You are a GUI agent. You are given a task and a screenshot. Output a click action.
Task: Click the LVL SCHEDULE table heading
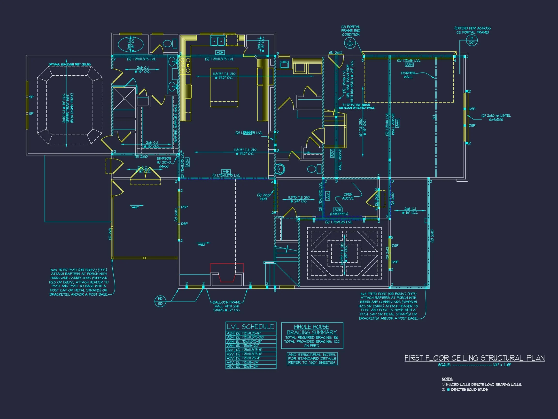(x=250, y=327)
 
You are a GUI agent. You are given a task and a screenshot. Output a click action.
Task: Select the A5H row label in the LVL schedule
(x=230, y=346)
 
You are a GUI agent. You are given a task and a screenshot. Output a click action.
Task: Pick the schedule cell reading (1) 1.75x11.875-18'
(x=249, y=341)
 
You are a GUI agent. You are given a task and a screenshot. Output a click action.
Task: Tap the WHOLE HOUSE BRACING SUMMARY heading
(x=312, y=330)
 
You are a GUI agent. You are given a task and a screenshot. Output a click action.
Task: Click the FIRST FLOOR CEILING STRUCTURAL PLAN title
(x=474, y=358)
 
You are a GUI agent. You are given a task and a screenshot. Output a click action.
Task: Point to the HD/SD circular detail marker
(x=160, y=301)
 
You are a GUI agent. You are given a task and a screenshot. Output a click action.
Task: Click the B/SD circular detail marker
(x=472, y=40)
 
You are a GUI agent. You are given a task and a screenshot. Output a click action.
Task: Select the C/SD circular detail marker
(x=350, y=43)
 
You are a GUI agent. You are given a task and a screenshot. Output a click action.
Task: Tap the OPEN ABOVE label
(x=348, y=196)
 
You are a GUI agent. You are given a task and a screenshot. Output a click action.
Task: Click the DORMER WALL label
(x=408, y=75)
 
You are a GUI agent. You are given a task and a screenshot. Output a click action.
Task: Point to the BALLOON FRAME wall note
(x=226, y=306)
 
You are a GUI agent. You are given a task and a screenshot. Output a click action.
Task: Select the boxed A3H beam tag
(x=220, y=53)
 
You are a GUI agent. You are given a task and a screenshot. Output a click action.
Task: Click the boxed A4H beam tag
(x=226, y=171)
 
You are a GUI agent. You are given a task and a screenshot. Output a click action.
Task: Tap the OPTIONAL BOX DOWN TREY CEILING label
(x=69, y=65)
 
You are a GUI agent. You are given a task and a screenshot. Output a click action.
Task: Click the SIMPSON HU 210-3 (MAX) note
(x=164, y=162)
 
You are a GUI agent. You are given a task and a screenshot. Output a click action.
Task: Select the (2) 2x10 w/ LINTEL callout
(x=496, y=117)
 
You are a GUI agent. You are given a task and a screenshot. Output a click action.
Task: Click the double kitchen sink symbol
(x=217, y=41)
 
